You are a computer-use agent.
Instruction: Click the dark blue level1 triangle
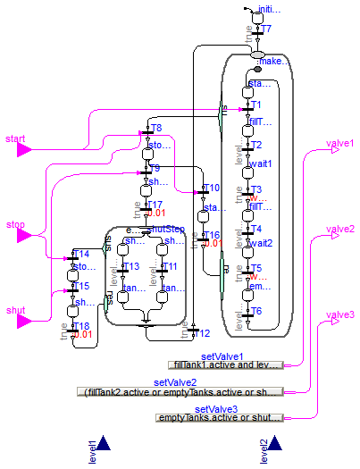pyautogui.click(x=104, y=444)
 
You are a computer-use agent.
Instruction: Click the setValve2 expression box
pyautogui.click(x=180, y=391)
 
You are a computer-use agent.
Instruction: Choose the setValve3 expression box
pyautogui.click(x=219, y=417)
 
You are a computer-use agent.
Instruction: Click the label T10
pyautogui.click(x=211, y=188)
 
